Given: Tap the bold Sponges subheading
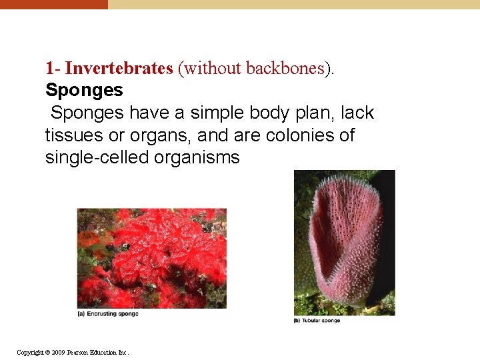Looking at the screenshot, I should click(x=84, y=90).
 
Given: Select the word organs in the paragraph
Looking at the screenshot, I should click(x=157, y=135).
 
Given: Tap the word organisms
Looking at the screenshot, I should click(x=199, y=157).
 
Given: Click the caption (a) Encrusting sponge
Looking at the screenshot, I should click(x=108, y=314).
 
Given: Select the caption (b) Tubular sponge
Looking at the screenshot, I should click(x=317, y=321).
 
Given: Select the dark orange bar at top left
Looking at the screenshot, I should click(x=53, y=4).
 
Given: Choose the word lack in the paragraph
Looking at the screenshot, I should click(x=357, y=113).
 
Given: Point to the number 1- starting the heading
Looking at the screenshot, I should click(x=53, y=69).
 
